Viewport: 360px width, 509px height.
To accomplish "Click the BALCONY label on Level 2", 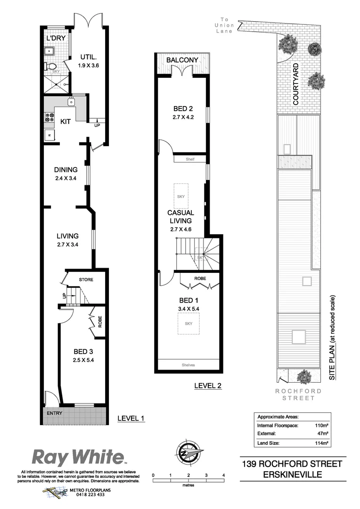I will (181, 60).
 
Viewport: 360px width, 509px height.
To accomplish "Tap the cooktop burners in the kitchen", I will (49, 118).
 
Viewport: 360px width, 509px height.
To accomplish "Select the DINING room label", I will (65, 170).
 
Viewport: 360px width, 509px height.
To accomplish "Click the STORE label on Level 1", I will (86, 279).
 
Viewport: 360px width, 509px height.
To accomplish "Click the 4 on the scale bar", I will (223, 475).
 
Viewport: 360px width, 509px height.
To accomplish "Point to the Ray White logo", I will (78, 457).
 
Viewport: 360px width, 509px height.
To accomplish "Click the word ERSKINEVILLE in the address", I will (293, 475).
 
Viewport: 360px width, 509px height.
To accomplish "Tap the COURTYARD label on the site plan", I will (296, 84).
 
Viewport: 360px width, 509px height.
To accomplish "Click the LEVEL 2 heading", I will (208, 386).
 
